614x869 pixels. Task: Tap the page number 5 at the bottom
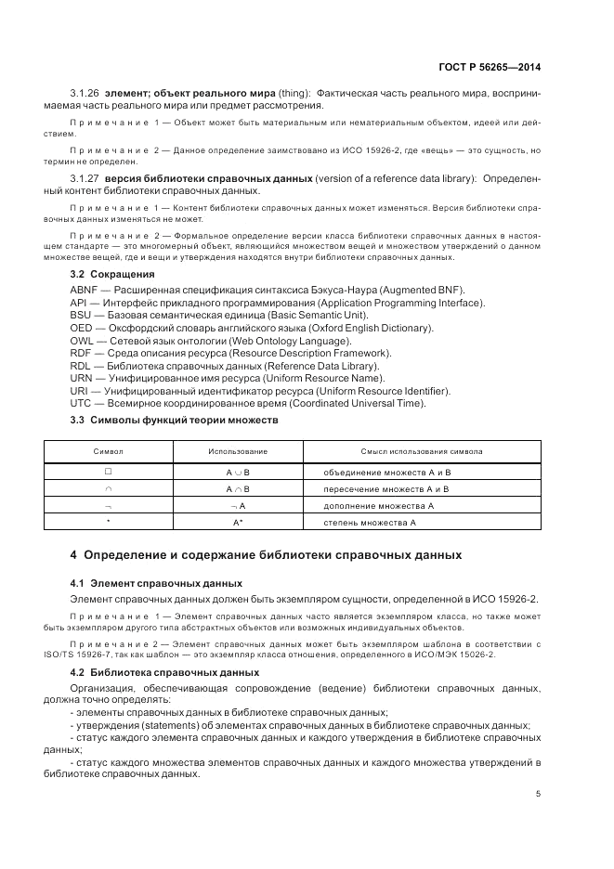click(539, 794)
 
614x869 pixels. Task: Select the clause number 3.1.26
click(85, 94)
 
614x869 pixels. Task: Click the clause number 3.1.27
click(85, 177)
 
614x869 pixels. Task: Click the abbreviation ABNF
click(83, 291)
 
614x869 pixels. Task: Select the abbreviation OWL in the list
click(81, 341)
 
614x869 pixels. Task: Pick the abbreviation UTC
click(81, 403)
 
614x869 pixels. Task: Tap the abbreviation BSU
click(81, 316)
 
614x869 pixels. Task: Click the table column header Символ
click(108, 451)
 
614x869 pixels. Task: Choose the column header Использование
click(238, 451)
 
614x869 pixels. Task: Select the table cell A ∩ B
click(238, 488)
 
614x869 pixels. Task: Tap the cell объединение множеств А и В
click(386, 472)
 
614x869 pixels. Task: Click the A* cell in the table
click(238, 524)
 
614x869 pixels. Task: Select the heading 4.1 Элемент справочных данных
click(156, 583)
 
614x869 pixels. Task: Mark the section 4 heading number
click(74, 556)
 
